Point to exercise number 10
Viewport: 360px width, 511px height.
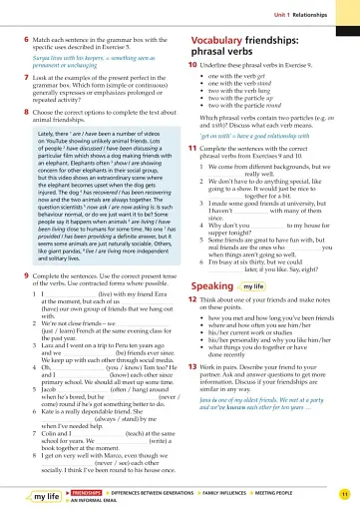(x=190, y=63)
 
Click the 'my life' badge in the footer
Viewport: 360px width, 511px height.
(x=46, y=496)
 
